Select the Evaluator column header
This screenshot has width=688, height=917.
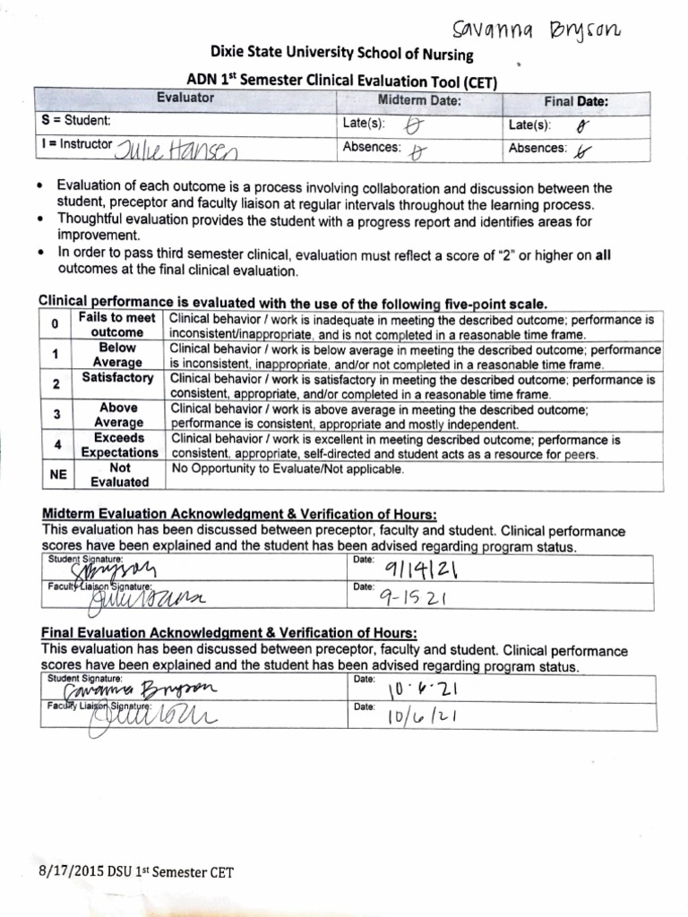click(x=185, y=99)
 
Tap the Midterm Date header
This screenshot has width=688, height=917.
click(x=419, y=100)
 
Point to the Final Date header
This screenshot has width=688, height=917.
click(x=576, y=101)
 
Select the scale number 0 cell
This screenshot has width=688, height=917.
click(x=55, y=324)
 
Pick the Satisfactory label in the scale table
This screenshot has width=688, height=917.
click(x=117, y=379)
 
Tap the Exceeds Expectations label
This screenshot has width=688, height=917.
click(x=118, y=446)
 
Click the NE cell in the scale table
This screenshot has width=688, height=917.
click(x=55, y=475)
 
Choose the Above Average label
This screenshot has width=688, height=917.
click(x=118, y=416)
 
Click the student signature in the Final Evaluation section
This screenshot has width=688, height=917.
click(x=148, y=690)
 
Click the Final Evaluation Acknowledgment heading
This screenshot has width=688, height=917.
click(x=223, y=635)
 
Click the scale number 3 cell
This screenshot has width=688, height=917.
click(x=55, y=415)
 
